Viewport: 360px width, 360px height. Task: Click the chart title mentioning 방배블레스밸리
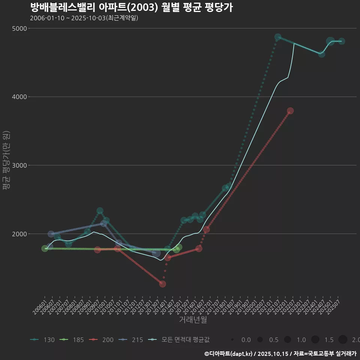tap(131, 7)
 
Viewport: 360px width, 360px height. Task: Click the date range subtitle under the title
tap(84, 18)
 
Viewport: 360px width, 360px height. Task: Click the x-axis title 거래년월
tap(193, 319)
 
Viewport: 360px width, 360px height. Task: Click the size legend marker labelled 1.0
tap(288, 340)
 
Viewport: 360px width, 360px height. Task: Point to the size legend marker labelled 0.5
tap(260, 340)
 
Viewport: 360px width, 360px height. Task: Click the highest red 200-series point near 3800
tap(290, 111)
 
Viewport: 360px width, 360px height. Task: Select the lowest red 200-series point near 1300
tap(162, 284)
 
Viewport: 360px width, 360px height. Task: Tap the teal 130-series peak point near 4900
tap(278, 37)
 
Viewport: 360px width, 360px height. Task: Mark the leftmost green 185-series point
tap(45, 248)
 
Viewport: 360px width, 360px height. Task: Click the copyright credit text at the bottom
tap(280, 353)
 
